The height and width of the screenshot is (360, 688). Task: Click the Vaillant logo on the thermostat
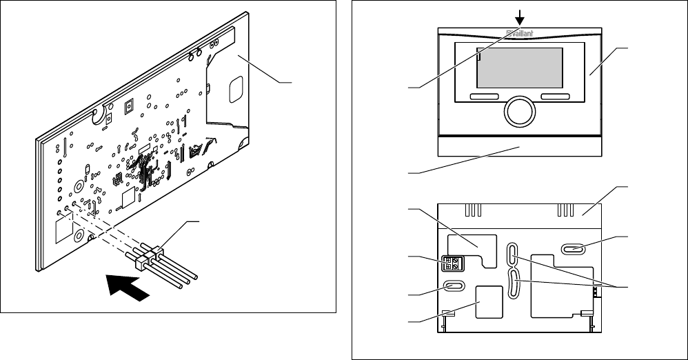[x=520, y=33]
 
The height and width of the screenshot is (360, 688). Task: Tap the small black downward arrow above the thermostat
[x=520, y=18]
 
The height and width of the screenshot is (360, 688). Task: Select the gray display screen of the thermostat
[x=520, y=68]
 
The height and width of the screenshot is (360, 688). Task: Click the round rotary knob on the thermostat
[x=520, y=112]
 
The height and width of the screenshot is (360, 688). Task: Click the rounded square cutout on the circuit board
[x=236, y=89]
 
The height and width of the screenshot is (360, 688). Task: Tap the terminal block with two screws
[x=452, y=263]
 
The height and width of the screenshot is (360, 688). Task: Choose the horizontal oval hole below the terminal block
[x=454, y=287]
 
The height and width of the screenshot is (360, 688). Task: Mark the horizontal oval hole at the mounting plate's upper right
[x=573, y=250]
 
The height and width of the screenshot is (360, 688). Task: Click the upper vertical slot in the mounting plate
[x=513, y=254]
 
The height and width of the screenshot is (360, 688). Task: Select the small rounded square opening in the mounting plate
[x=489, y=302]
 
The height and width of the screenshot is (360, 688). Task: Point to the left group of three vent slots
[x=473, y=210]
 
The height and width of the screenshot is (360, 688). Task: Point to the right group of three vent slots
[x=565, y=210]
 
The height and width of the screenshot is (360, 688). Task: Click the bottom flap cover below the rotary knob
[x=520, y=146]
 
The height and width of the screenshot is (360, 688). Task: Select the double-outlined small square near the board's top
[x=129, y=107]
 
